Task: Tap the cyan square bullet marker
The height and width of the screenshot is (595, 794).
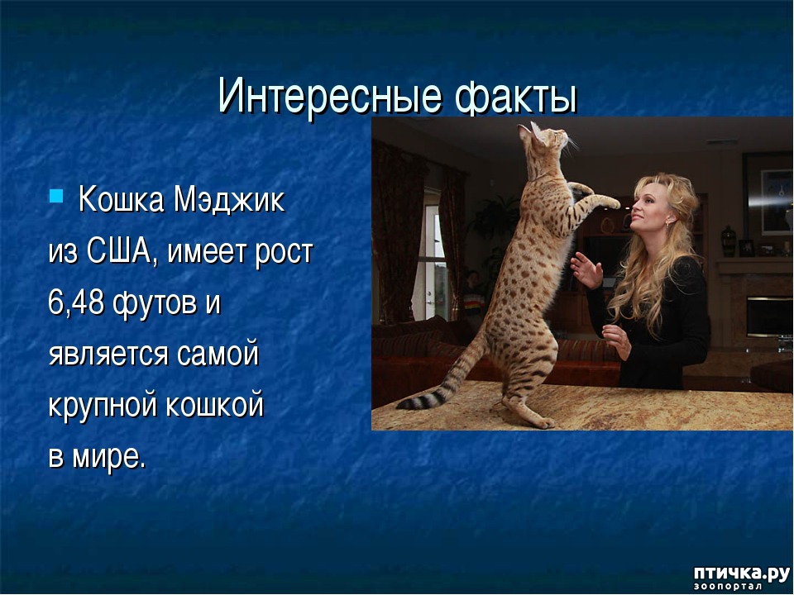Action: [55, 195]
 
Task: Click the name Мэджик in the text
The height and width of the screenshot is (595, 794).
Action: [229, 200]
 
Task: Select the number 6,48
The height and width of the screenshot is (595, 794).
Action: [76, 302]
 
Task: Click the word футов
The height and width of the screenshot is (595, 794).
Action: [155, 303]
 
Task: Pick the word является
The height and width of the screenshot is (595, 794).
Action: [108, 355]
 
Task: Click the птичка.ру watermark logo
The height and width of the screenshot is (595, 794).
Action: [741, 578]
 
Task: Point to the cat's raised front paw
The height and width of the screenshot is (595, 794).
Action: [608, 202]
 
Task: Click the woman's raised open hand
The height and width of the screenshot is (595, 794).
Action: [586, 270]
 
